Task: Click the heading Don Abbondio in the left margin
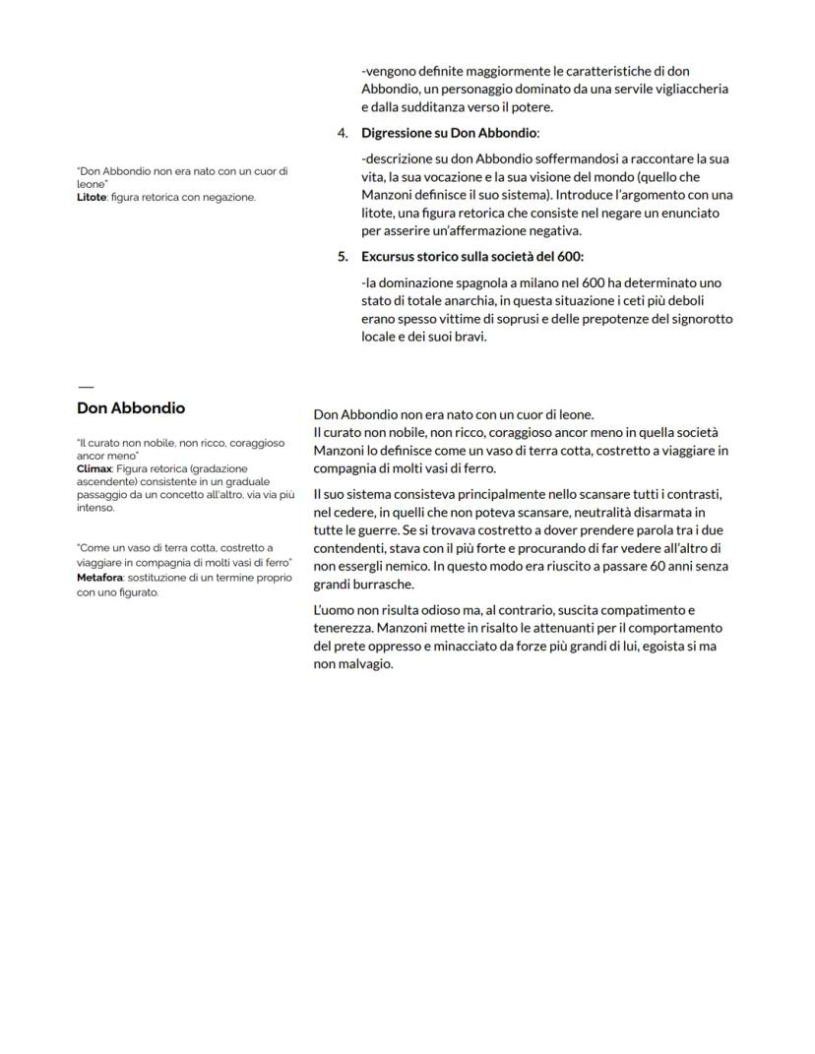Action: (x=131, y=408)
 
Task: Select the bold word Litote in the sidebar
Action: (x=91, y=197)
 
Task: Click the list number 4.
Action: (x=343, y=133)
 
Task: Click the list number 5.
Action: (x=343, y=257)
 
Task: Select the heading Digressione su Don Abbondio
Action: (x=450, y=133)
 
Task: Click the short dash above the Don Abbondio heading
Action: (x=85, y=387)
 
